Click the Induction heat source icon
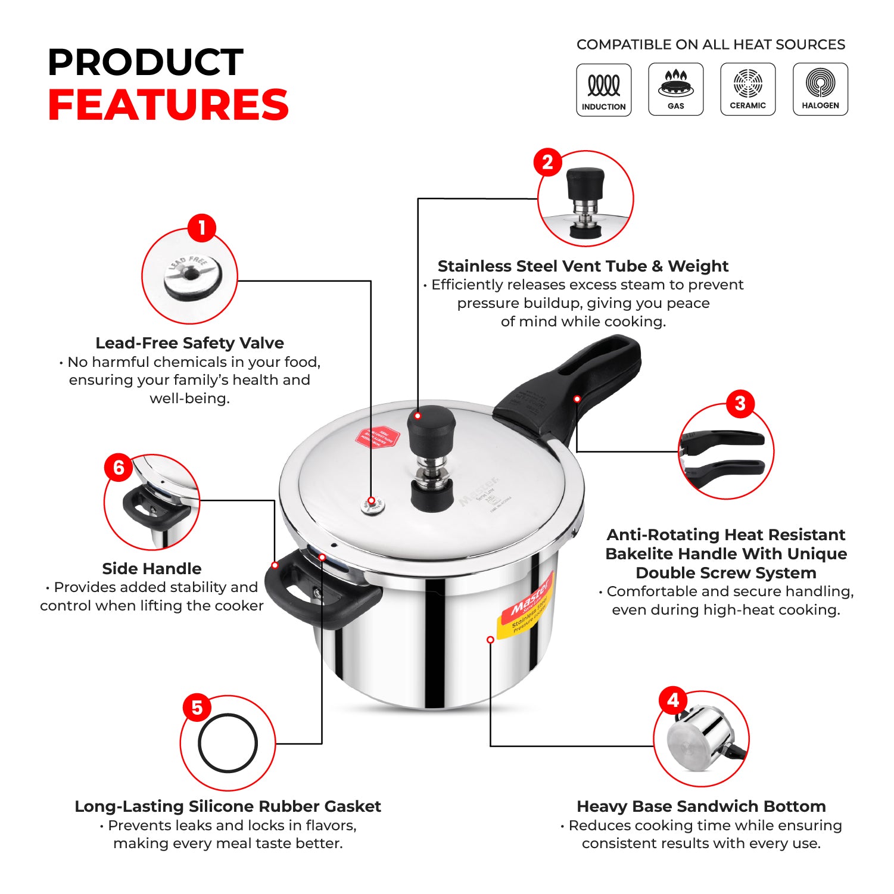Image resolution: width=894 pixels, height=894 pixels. pos(603,90)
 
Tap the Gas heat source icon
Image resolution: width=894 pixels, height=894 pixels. pos(675,89)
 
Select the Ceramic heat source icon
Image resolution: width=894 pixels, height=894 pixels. pos(747,89)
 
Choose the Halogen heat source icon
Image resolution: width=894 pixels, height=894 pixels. pos(820,89)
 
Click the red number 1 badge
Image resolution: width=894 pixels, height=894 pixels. pos(201,228)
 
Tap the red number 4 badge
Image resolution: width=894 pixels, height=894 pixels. pos(673,700)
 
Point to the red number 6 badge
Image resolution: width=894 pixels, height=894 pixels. pos(119,468)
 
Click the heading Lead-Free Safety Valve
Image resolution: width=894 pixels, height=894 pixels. pos(189,343)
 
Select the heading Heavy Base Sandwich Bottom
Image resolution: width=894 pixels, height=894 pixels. pos(701,806)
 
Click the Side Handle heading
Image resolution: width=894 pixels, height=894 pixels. pos(151,568)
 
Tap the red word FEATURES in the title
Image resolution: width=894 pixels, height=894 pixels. pos(168,105)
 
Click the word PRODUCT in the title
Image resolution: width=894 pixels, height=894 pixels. pos(145,62)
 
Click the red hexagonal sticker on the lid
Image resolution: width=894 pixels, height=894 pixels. pos(376,438)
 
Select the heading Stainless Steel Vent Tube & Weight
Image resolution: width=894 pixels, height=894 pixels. pos(582,266)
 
